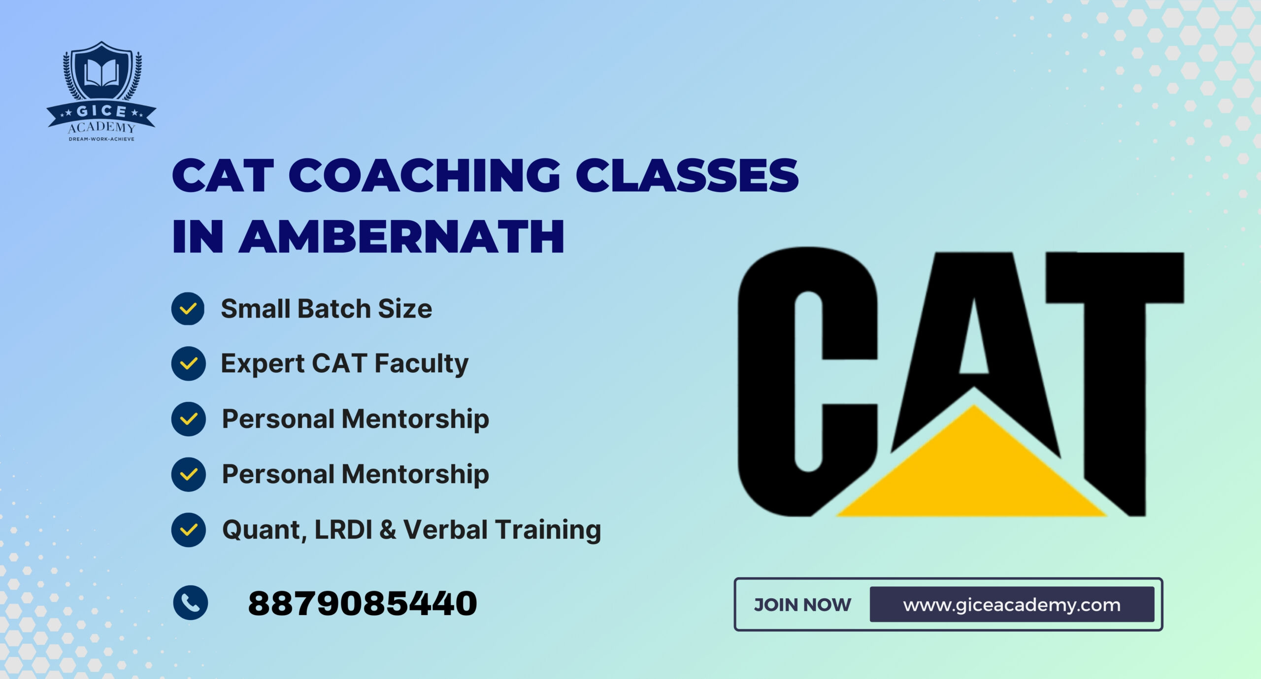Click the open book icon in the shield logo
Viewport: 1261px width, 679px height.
point(101,72)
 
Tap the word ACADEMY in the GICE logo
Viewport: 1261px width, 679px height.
point(101,128)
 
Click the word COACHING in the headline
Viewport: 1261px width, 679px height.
point(424,176)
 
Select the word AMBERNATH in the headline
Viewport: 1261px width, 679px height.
point(401,237)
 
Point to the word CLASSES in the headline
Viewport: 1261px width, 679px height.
point(687,176)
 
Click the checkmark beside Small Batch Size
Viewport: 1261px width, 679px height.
point(188,309)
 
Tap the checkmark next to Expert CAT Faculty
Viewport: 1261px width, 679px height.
point(188,364)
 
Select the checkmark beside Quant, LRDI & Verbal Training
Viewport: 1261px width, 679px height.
point(188,530)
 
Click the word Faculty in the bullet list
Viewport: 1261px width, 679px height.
point(421,364)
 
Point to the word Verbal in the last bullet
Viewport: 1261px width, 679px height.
point(446,530)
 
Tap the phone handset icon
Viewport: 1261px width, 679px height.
point(191,603)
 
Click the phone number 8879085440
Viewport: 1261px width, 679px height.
point(363,604)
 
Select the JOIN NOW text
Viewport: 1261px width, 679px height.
point(802,605)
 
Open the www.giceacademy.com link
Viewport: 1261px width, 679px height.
point(1012,605)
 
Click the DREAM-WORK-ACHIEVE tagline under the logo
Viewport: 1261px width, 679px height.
point(101,139)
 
